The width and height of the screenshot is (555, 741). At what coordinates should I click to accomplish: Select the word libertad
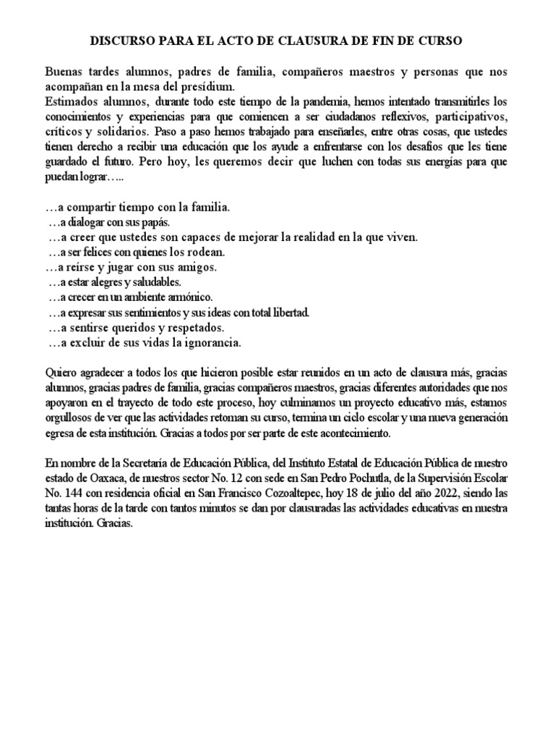pos(288,313)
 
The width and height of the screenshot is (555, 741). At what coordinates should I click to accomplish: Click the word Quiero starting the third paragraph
pos(61,373)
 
